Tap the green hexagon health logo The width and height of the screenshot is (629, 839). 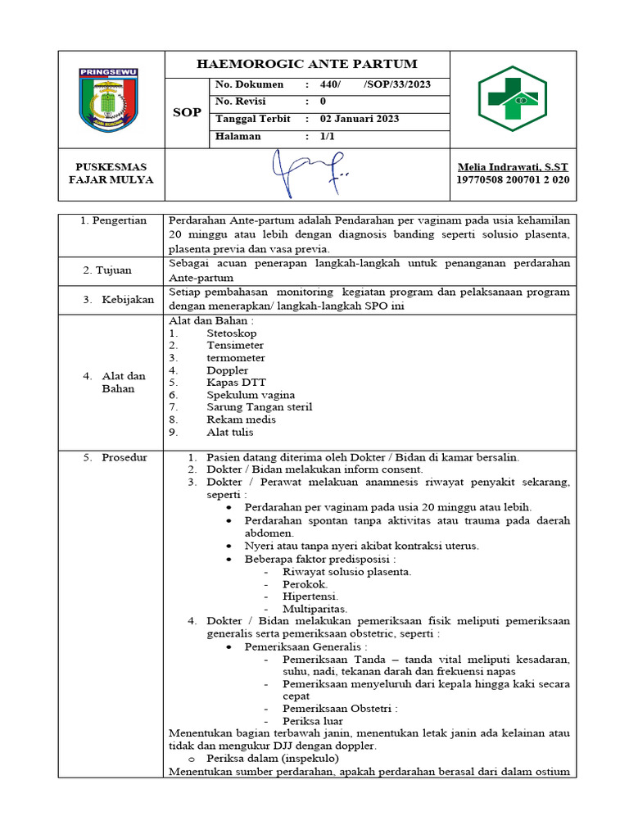tap(512, 98)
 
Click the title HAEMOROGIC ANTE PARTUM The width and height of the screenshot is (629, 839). tap(306, 64)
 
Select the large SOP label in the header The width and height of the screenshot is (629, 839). tap(187, 112)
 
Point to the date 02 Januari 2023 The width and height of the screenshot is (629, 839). tap(360, 119)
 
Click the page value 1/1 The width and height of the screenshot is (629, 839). tap(328, 137)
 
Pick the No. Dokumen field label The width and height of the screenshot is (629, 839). tap(249, 84)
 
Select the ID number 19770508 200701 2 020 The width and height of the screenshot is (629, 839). tap(513, 179)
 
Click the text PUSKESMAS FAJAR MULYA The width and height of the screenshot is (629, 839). tap(110, 173)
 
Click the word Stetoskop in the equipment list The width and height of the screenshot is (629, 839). tap(232, 333)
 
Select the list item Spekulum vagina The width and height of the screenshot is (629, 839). tap(251, 395)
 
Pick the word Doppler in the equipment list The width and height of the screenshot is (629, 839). tap(228, 370)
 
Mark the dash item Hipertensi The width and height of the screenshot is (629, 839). tap(310, 596)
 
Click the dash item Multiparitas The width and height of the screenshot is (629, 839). tap(314, 609)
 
